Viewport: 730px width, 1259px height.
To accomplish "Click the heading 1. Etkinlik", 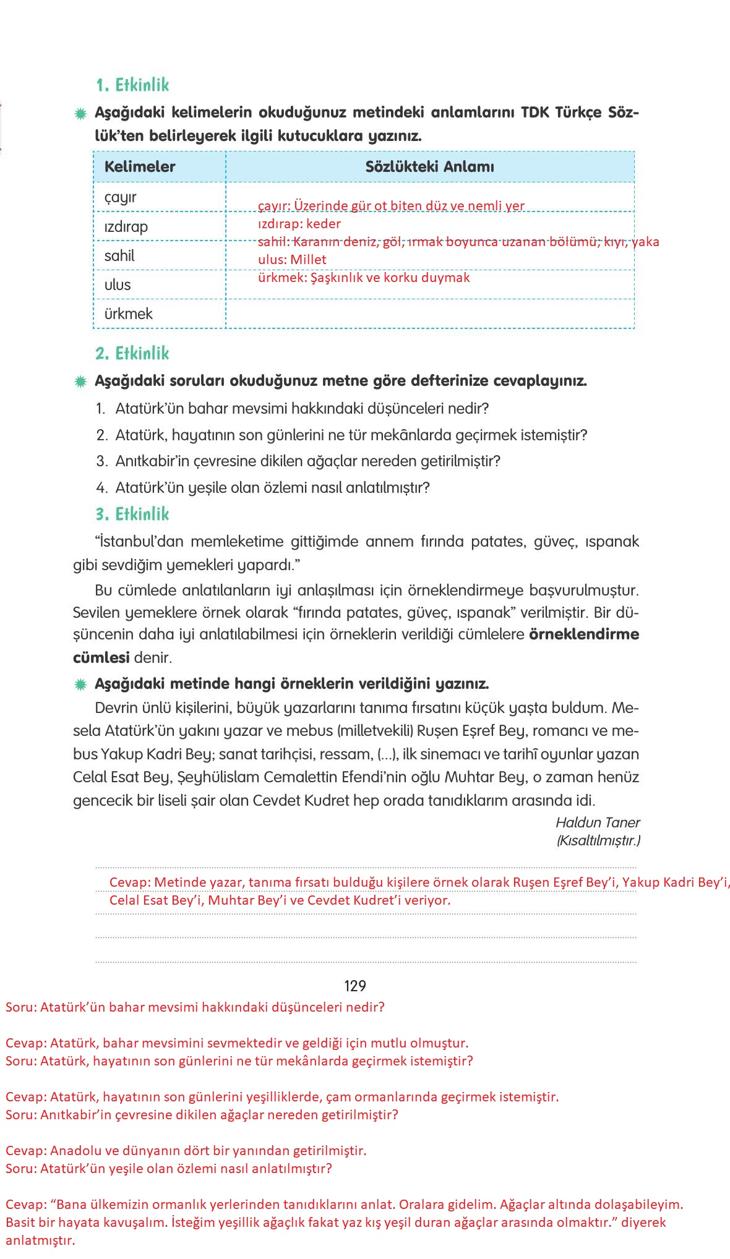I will (132, 85).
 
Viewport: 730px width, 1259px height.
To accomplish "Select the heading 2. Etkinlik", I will (132, 353).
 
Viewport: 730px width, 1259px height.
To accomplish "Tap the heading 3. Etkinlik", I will (132, 514).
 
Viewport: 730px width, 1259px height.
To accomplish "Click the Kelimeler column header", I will (140, 166).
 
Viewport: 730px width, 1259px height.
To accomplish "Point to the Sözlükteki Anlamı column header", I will (429, 166).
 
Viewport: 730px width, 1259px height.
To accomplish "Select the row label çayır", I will (120, 197).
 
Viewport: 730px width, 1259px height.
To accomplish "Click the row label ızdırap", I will (126, 226).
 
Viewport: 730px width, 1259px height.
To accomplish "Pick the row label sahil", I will (119, 255).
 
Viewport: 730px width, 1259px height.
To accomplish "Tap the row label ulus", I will (118, 284).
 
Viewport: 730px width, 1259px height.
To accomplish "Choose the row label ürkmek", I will (128, 314).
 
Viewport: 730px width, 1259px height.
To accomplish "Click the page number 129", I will (355, 986).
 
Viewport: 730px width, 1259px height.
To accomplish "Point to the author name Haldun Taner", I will (598, 822).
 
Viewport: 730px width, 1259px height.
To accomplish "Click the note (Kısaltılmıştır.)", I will (598, 840).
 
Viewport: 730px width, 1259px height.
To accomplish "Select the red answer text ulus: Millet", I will (292, 260).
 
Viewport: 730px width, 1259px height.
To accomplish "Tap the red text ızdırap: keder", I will (299, 224).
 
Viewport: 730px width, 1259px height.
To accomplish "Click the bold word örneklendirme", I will (584, 634).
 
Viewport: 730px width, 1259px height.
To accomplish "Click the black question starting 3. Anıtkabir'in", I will (298, 461).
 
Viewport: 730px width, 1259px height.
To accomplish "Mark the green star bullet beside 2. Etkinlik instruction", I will (80, 382).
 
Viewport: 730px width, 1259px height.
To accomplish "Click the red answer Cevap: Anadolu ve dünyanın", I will (186, 1151).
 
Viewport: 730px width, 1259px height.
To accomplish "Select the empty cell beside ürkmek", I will (429, 314).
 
